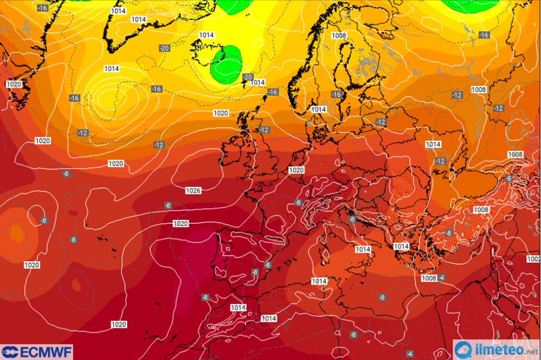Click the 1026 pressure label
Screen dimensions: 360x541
(x=193, y=191)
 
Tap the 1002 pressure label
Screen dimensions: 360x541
(x=534, y=259)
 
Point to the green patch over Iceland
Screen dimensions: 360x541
(x=226, y=64)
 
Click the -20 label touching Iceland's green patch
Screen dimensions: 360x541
(x=248, y=77)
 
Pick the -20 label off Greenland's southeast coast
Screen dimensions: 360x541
(x=164, y=48)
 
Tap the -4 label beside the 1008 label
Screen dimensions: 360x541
(x=441, y=278)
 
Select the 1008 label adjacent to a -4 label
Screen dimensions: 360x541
(x=428, y=278)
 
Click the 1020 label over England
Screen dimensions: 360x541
(x=296, y=170)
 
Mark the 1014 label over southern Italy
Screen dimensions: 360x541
(x=363, y=249)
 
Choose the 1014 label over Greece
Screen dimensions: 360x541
(x=402, y=246)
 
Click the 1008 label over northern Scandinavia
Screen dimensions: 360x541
(x=339, y=35)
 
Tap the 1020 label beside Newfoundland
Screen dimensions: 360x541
(x=13, y=84)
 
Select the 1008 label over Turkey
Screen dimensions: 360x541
(x=480, y=210)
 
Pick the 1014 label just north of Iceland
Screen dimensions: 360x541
(x=206, y=35)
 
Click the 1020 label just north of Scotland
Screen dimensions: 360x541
(x=221, y=113)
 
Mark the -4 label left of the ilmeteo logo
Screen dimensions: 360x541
(x=410, y=354)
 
